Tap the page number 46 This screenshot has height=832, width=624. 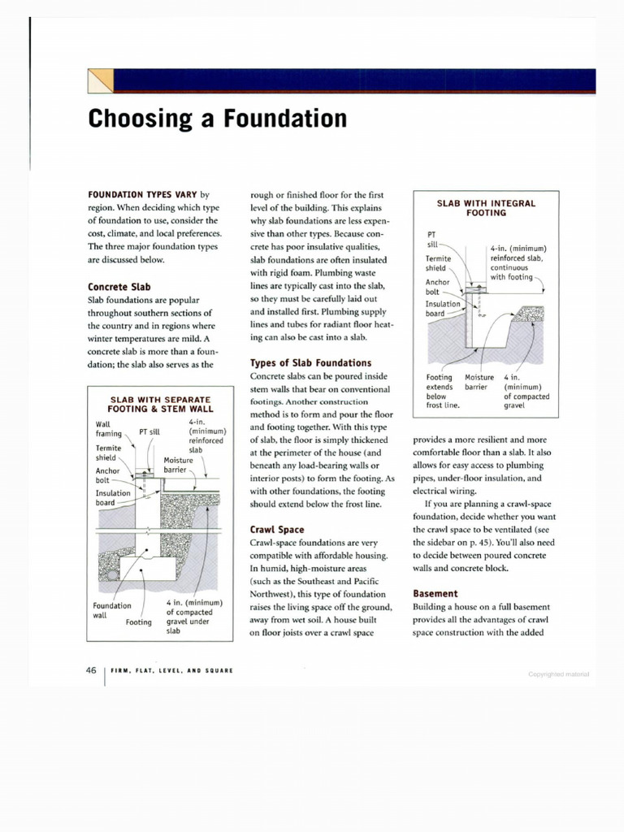coord(91,670)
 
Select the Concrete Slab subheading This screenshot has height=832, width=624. coord(119,287)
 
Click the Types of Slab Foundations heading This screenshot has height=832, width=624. coord(310,362)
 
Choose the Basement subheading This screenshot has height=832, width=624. coord(435,593)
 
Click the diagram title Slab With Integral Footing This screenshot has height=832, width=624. coord(486,207)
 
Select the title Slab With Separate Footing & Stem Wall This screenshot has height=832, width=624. coord(159,405)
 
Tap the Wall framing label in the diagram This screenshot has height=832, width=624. coord(108,429)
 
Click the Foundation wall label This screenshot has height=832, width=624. coord(112,610)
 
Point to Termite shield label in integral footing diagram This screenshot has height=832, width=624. coord(439,263)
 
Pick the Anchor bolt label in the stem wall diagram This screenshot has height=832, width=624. coord(107,475)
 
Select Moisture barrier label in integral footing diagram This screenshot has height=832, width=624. coord(479,382)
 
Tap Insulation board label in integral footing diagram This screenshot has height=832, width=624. coord(443,309)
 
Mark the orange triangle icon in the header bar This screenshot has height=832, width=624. coord(100,81)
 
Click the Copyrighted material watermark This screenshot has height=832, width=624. coord(557,674)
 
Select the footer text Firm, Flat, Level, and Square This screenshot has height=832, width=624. coord(171,671)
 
